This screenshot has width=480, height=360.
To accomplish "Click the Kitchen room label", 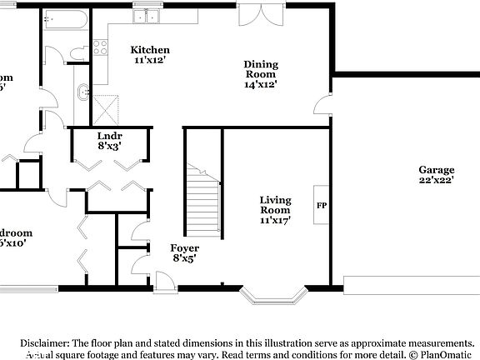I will point(150,50).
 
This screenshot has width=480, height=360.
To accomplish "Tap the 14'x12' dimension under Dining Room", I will point(260,84).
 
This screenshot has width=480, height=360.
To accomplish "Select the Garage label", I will point(436,169).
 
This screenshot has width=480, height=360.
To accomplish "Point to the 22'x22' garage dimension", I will point(436,180).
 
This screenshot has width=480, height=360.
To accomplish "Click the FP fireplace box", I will point(321,203).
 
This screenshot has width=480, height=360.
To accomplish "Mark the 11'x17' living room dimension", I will point(275,221).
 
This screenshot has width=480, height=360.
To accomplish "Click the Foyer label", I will point(184,247).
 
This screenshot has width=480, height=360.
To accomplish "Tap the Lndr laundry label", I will point(110,134).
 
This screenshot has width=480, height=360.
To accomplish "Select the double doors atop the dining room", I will point(256,15).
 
